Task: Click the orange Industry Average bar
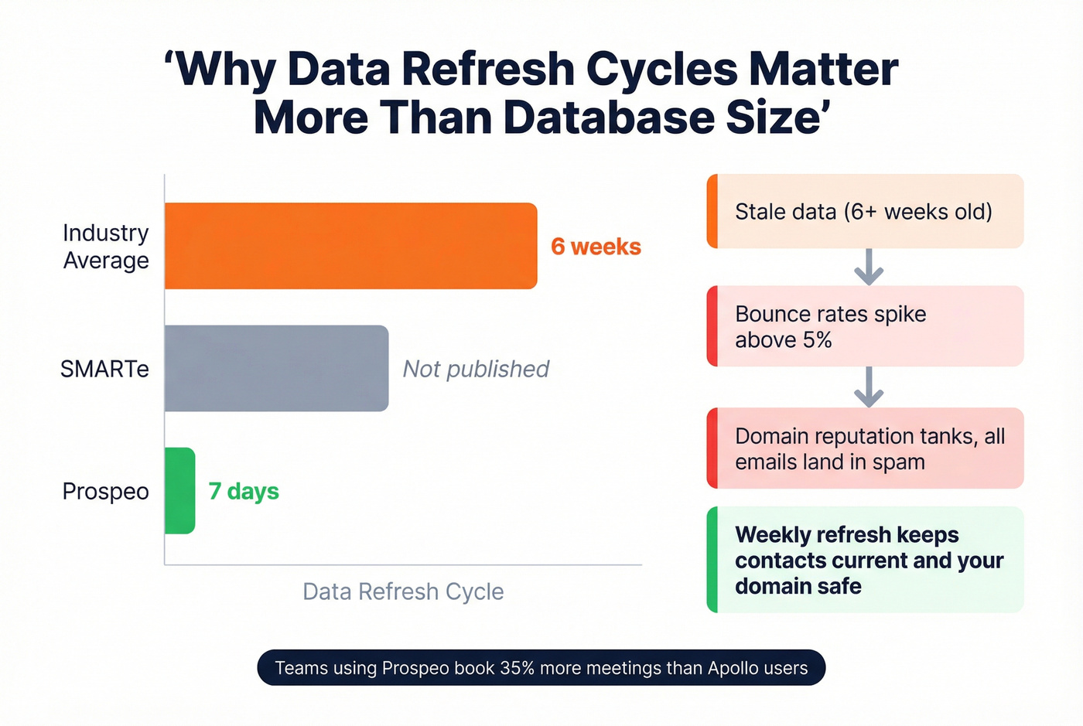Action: click(350, 246)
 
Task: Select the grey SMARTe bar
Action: click(276, 368)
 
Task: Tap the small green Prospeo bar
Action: click(179, 490)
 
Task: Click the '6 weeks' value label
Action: click(596, 247)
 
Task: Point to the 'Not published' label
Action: click(476, 369)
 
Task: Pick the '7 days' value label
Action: click(244, 491)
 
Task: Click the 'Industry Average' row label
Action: click(106, 247)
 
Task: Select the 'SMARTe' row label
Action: click(104, 369)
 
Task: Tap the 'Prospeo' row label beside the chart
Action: click(105, 491)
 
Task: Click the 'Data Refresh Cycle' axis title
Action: click(403, 591)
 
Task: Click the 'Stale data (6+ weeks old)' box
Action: click(865, 211)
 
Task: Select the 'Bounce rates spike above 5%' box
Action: click(865, 326)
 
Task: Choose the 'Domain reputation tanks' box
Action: click(865, 448)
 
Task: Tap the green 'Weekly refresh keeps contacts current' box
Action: click(865, 560)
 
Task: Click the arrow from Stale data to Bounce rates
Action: click(869, 267)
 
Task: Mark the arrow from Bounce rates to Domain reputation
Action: click(869, 387)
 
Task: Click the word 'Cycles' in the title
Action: click(661, 69)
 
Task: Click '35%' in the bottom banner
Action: click(518, 668)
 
